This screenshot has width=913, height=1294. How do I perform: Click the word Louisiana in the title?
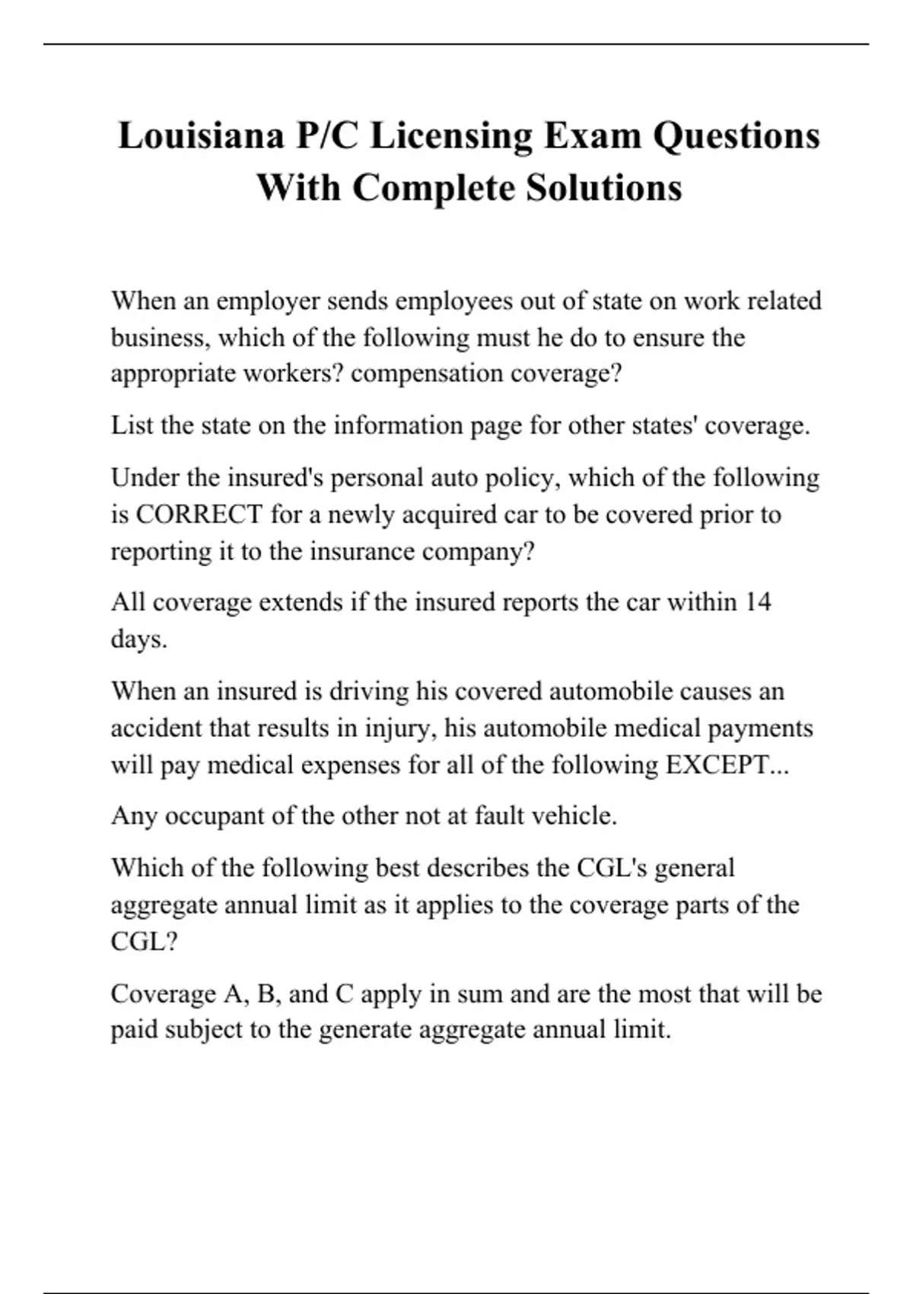[200, 136]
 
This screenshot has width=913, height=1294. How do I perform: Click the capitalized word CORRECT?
[199, 515]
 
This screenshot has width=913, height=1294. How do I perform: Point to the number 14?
[758, 602]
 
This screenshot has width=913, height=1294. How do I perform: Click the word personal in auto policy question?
[377, 478]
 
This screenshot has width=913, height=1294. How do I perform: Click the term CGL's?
[612, 868]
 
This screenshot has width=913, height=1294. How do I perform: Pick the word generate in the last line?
[364, 1030]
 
